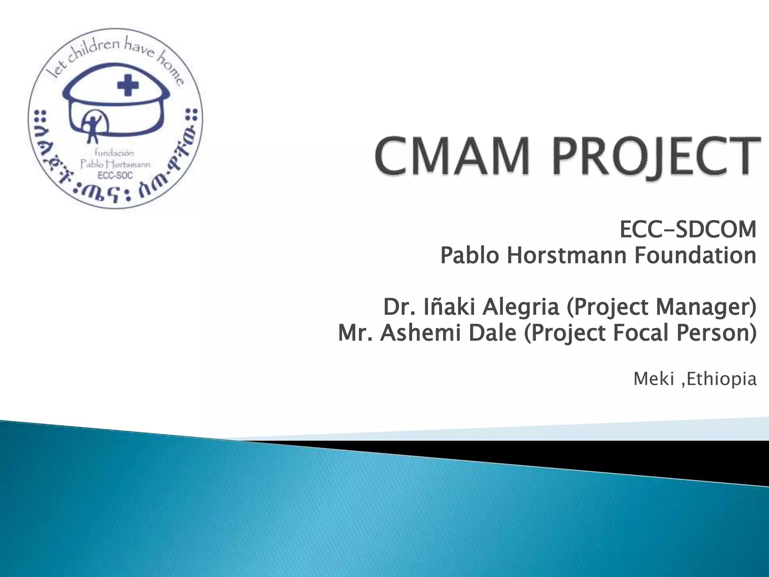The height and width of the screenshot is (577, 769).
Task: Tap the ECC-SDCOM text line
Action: [x=688, y=230]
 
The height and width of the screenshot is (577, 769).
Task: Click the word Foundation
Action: [x=695, y=256]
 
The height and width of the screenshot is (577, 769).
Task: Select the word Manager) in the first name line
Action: [x=705, y=308]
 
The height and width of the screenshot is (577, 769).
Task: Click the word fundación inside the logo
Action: [x=114, y=153]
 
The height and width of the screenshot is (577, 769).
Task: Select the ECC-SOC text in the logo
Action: [x=115, y=175]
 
